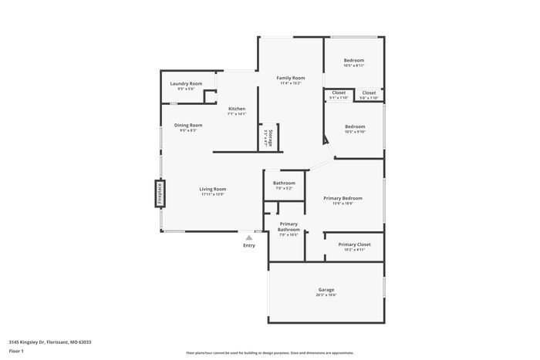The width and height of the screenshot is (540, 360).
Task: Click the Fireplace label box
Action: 159,193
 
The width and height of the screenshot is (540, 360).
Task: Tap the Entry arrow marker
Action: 248,239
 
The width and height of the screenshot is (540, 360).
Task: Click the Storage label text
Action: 268,137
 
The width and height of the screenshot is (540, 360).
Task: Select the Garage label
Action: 326,291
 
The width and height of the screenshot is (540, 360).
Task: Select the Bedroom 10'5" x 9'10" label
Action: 354,129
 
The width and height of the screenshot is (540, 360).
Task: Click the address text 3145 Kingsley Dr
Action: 50,341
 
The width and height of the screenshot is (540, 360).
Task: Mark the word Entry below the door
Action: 248,246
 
